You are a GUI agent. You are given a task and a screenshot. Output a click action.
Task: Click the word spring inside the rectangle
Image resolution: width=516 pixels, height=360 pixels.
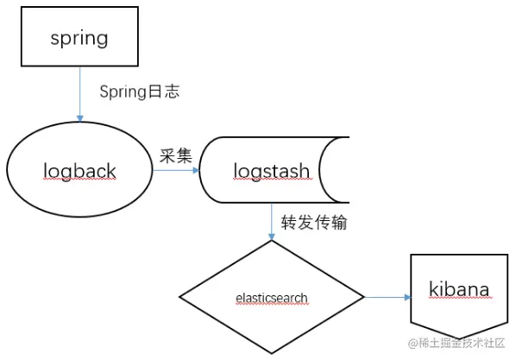pos(79,39)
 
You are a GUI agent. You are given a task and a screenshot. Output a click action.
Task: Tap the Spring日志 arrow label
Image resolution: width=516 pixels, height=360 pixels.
pos(140,92)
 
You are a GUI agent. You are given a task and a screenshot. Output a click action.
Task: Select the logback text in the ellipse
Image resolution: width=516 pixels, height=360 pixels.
pos(79,171)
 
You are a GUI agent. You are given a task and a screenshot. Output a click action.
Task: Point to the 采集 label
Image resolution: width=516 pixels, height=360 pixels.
pos(176,155)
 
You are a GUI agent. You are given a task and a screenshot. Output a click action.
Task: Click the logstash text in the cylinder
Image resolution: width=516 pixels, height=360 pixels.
pos(272,171)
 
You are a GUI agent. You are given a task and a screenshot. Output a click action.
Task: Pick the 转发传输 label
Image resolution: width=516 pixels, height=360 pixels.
pos(314,222)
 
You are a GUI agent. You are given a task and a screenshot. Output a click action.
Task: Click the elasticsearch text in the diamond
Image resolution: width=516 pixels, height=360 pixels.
pos(272,298)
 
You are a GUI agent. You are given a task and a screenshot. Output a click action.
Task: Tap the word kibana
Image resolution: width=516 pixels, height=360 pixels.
pos(459,289)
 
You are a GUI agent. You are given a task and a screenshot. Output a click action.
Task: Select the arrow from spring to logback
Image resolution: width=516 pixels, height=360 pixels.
pos(79,94)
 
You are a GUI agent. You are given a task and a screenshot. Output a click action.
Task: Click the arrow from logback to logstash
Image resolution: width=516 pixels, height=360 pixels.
pos(176,170)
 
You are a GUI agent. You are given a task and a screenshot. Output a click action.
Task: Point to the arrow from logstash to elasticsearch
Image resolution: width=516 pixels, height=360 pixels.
pos(272,222)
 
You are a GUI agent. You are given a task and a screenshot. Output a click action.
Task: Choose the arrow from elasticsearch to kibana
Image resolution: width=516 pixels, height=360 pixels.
pos(387,297)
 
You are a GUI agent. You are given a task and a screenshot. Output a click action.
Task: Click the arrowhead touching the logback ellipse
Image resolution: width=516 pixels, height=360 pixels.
pos(79,118)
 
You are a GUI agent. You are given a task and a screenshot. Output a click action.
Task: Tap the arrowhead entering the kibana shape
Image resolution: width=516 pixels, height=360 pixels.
pos(408,297)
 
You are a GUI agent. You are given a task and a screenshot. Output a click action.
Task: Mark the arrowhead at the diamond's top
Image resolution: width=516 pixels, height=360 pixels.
pos(272,237)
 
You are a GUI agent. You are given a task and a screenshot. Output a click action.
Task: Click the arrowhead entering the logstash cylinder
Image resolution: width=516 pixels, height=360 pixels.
pos(197,170)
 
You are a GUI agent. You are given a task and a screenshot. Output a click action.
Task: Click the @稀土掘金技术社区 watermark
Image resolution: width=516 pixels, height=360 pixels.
pos(456,344)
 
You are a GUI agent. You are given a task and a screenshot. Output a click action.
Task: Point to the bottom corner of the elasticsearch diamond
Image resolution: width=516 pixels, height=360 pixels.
pos(272,354)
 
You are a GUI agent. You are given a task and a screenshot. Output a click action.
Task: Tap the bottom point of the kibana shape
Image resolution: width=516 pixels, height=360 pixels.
pos(459,338)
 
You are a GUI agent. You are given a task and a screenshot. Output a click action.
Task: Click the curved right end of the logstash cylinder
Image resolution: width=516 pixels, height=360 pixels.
pos(320,170)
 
